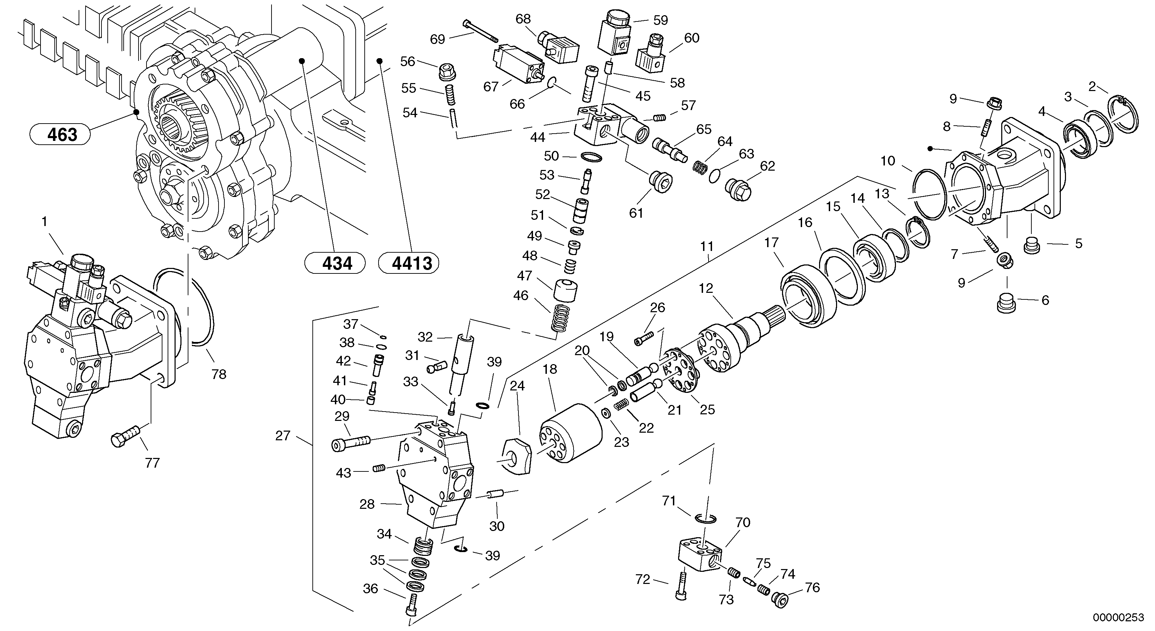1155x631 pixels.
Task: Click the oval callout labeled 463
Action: click(x=60, y=134)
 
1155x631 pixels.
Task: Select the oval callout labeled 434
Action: click(x=335, y=263)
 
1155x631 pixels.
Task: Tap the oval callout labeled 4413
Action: click(x=409, y=263)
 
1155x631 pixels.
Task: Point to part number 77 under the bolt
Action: click(x=152, y=462)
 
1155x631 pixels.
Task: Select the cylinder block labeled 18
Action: click(x=571, y=432)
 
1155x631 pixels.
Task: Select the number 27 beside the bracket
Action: click(x=283, y=435)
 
